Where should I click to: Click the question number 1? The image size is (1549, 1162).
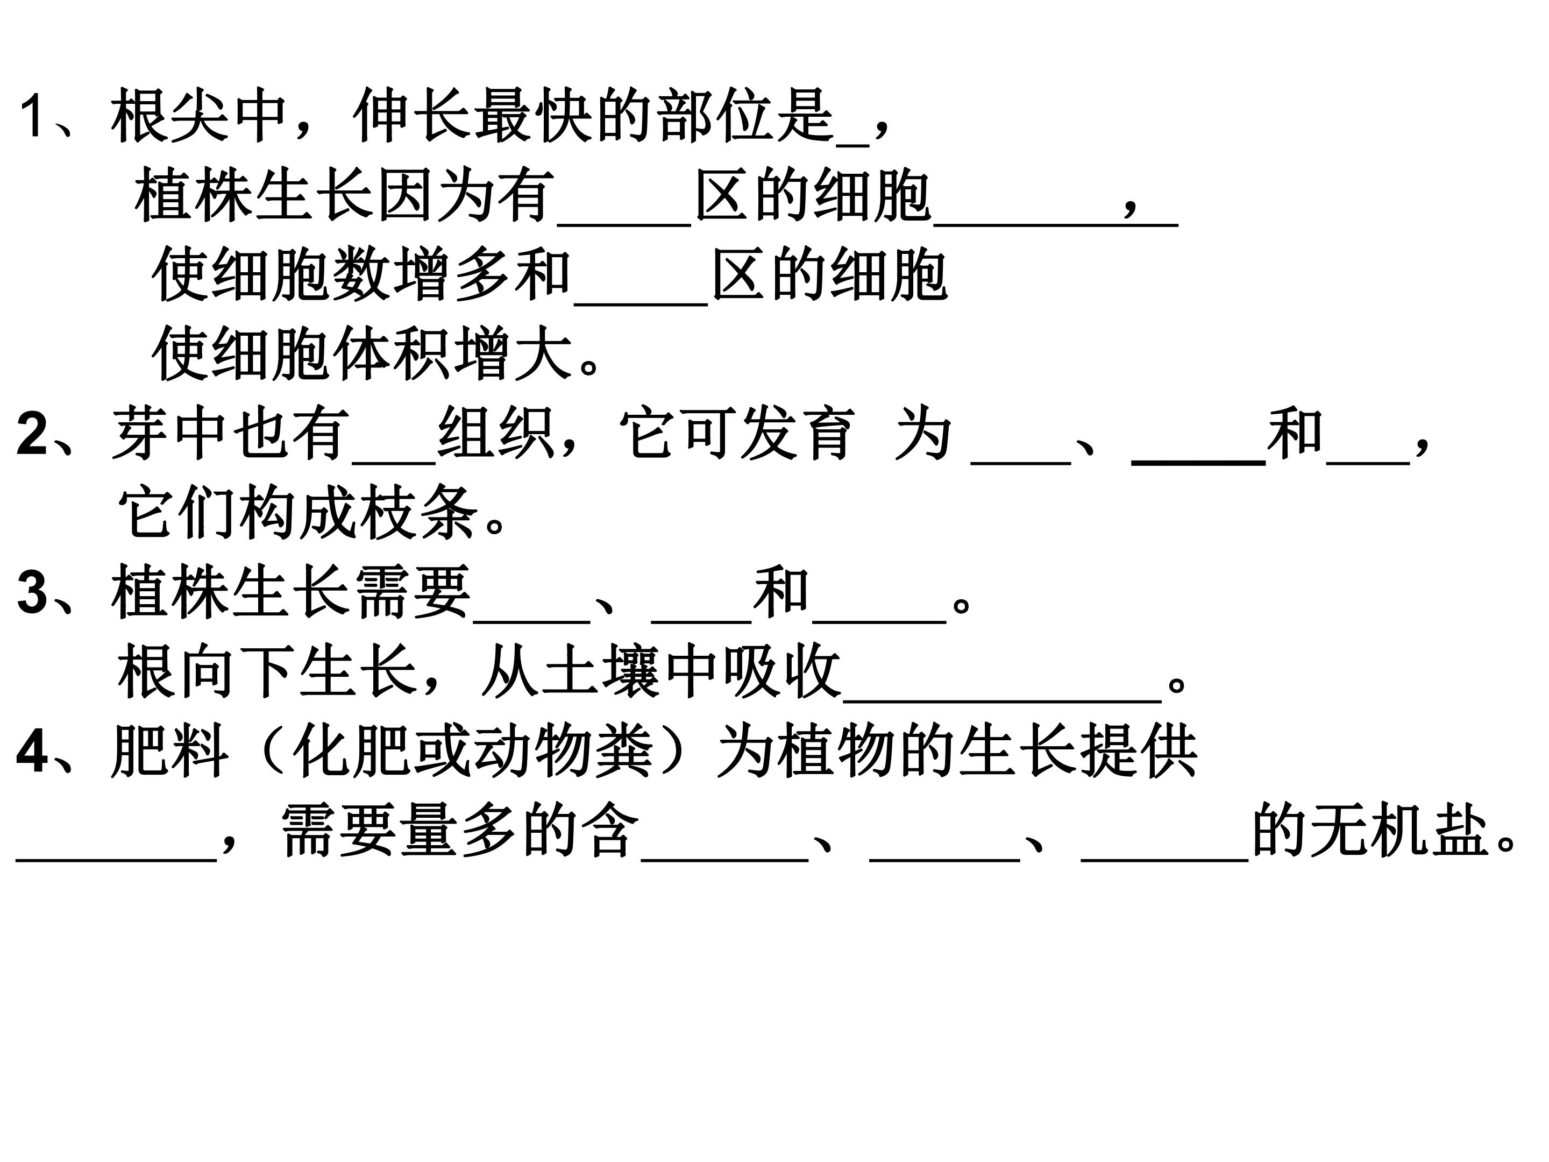(32, 116)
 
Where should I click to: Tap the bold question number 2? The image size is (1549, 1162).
(32, 434)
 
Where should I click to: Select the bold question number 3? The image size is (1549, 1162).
(32, 592)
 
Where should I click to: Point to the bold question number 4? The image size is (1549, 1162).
(32, 752)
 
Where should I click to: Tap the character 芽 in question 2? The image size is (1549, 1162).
(140, 434)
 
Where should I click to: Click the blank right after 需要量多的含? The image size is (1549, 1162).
(725, 860)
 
